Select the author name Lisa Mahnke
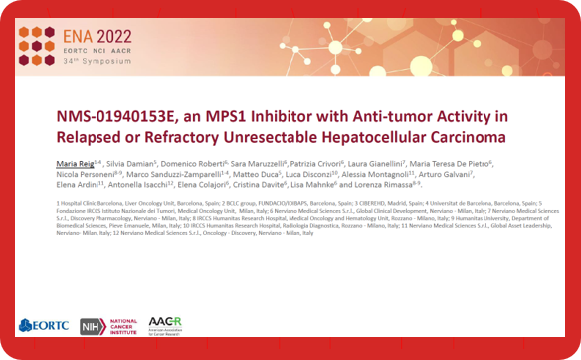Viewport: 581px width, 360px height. click(305, 184)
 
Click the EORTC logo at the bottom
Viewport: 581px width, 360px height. click(43, 325)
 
